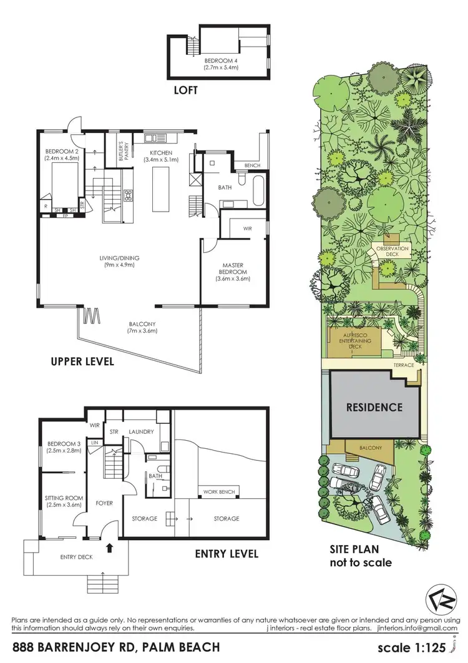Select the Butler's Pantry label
[123, 152]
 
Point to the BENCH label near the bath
[252, 165]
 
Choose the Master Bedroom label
[235, 272]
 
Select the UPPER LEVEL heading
[84, 361]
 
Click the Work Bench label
[219, 492]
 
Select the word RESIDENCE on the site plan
[374, 407]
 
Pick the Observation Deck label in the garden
[392, 251]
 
